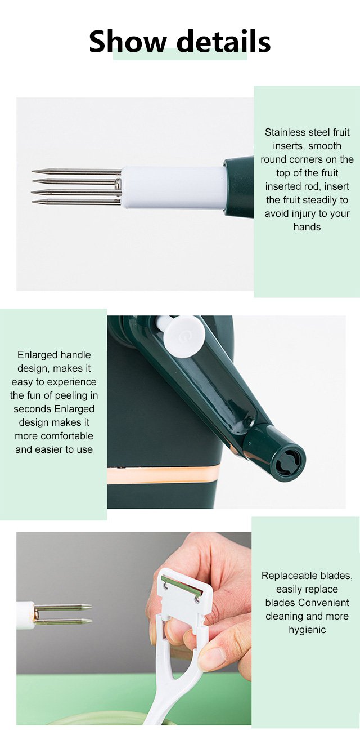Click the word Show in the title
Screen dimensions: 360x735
click(x=128, y=41)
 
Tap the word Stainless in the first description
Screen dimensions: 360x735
click(x=285, y=132)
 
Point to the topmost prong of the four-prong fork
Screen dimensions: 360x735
click(x=76, y=171)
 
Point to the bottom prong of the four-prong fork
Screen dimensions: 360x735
click(x=76, y=202)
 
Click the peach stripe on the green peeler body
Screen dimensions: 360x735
click(x=163, y=474)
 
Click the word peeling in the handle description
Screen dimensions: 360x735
click(x=72, y=395)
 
